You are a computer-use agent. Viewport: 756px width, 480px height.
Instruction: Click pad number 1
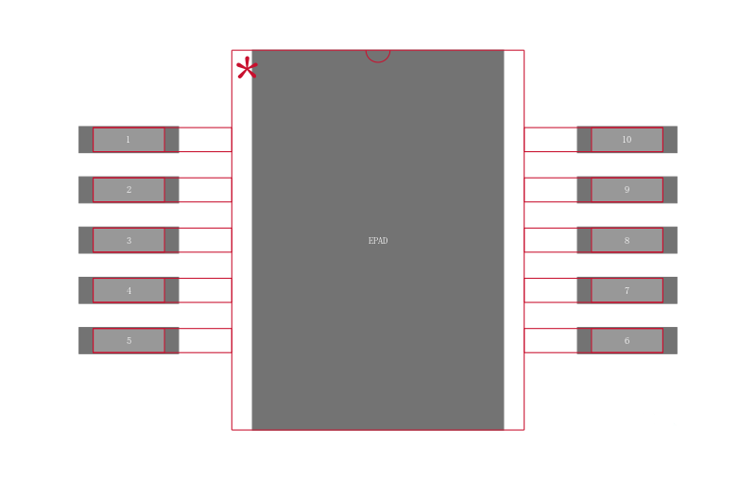coord(129,139)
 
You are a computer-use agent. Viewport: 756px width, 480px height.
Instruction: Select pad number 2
coord(129,190)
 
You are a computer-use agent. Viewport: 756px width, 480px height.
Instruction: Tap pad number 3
coord(129,240)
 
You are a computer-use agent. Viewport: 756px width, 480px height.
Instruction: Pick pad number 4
coord(129,290)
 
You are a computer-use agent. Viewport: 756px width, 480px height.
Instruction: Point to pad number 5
coord(129,341)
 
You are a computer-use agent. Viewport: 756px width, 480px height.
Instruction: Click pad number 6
coord(627,341)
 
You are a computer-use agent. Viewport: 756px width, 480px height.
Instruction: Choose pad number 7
coord(627,290)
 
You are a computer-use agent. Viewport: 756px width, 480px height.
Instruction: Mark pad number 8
coord(627,240)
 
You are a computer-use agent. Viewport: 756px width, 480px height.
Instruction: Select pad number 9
coord(627,190)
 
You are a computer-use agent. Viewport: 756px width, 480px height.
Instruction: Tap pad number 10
coord(627,139)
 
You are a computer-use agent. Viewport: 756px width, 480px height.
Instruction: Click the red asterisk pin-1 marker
coord(247,67)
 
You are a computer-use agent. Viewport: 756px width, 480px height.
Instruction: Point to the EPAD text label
coord(378,241)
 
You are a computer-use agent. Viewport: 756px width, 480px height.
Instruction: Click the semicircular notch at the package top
coord(378,60)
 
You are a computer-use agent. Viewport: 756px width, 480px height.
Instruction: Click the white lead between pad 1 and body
coord(205,140)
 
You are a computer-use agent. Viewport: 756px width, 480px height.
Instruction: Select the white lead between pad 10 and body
coord(551,140)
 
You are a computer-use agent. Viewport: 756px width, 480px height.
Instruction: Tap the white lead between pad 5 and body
coord(205,341)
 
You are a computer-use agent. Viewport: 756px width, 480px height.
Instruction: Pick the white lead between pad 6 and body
coord(551,341)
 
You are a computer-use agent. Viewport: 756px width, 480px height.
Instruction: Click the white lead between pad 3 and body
coord(205,240)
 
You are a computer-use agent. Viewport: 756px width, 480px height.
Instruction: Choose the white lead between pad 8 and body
coord(551,240)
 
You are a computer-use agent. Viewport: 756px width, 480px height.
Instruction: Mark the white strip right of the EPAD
coord(514,240)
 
